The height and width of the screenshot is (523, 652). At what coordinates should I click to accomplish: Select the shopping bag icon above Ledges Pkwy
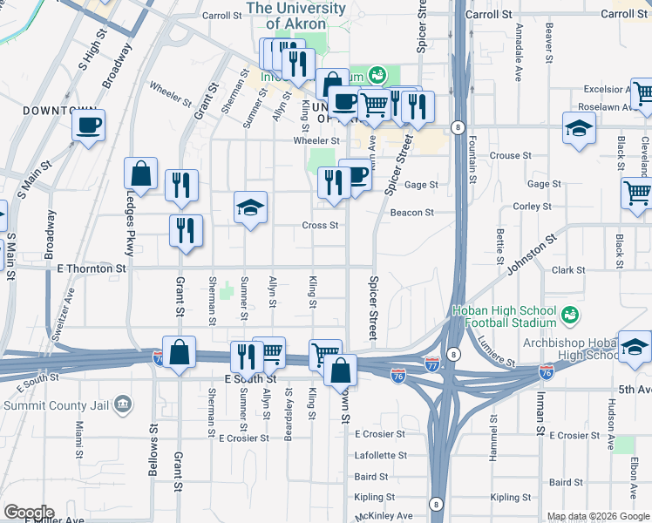point(140,175)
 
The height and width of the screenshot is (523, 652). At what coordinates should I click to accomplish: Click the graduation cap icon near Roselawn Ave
point(579,130)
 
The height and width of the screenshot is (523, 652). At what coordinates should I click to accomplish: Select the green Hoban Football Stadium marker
point(572,313)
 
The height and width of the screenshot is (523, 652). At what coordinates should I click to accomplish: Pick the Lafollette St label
point(381,455)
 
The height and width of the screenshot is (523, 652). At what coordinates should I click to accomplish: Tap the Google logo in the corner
point(28,513)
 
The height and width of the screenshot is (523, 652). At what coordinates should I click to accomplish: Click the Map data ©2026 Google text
point(598,516)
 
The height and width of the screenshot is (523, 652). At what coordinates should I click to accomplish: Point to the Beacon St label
point(411,213)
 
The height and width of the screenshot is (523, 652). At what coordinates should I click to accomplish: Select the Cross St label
point(322,225)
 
